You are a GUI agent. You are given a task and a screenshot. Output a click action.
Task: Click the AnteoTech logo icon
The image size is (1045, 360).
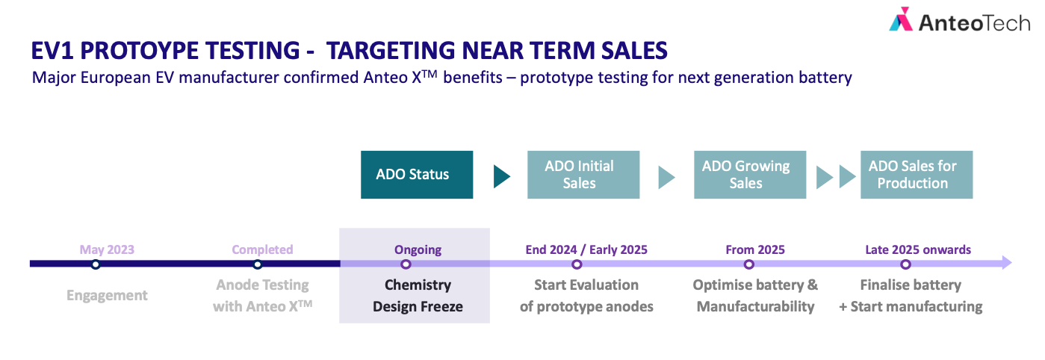point(900,19)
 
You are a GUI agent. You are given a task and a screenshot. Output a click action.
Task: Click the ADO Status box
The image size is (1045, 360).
point(417,175)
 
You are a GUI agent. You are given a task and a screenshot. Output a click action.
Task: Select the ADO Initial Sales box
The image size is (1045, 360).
point(583,175)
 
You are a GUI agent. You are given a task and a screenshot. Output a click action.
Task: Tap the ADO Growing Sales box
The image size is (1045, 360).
point(750,175)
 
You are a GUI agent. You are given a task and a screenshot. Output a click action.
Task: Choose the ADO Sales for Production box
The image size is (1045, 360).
point(917,175)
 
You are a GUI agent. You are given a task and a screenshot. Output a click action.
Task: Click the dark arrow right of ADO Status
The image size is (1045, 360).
point(501,177)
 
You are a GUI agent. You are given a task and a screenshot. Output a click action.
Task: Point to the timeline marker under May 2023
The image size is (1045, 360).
point(96,264)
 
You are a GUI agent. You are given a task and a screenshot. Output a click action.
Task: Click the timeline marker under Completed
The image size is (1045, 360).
point(258,264)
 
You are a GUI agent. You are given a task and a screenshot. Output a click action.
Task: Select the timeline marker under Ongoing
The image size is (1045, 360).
point(406,264)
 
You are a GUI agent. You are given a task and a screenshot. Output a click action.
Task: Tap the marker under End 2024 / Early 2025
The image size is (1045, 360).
point(577,264)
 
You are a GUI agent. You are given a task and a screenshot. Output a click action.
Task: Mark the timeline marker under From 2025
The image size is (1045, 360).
point(748,264)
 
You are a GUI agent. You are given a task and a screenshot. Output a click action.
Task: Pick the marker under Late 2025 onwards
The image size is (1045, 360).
point(905,264)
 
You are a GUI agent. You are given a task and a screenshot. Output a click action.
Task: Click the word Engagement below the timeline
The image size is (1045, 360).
point(107,296)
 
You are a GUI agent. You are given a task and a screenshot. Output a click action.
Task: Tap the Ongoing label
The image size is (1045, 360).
point(418,250)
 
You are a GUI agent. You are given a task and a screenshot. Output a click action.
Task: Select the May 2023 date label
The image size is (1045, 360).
point(107,250)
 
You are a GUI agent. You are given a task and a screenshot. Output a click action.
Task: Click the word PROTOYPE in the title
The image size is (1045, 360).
point(190,50)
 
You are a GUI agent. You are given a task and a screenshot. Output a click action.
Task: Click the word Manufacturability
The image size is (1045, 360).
point(755,306)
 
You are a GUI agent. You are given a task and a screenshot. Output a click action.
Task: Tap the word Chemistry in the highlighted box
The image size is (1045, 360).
point(418,285)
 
